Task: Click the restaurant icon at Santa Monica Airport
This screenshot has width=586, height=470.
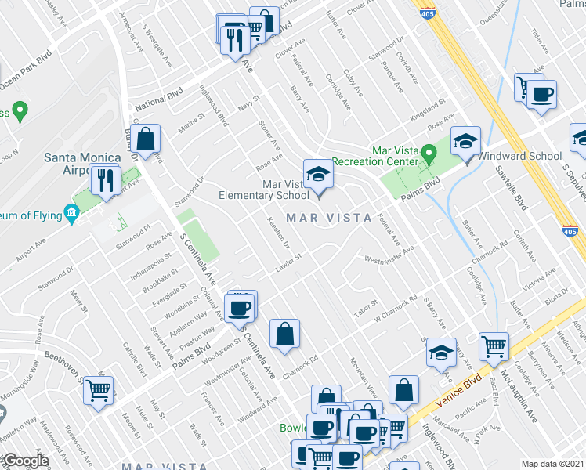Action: tap(103, 181)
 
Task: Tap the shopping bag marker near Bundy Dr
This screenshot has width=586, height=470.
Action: tap(146, 139)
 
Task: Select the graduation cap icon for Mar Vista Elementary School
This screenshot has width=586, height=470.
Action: tap(318, 174)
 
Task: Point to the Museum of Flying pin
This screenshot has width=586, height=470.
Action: tap(71, 212)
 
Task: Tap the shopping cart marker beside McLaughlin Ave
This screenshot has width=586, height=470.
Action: tap(494, 346)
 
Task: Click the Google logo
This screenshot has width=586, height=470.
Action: tap(25, 461)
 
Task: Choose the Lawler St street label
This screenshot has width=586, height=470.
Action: tap(288, 264)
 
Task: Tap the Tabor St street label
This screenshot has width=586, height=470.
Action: tap(365, 309)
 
